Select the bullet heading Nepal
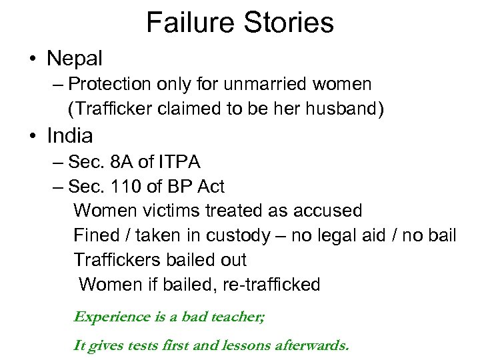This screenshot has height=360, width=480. [75, 59]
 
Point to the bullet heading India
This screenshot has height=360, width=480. [70, 136]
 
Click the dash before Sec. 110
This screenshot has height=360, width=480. [57, 187]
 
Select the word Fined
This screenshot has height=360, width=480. [93, 235]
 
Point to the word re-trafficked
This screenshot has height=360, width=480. [273, 285]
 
